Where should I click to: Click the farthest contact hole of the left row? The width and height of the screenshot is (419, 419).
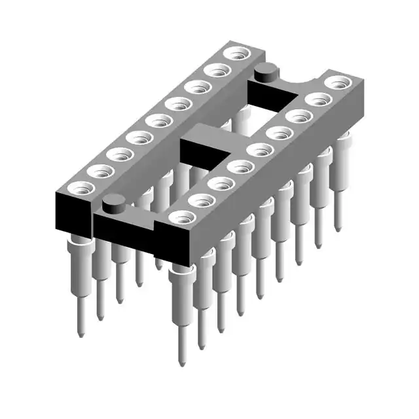232,54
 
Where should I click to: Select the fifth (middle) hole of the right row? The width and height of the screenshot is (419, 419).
261,150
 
